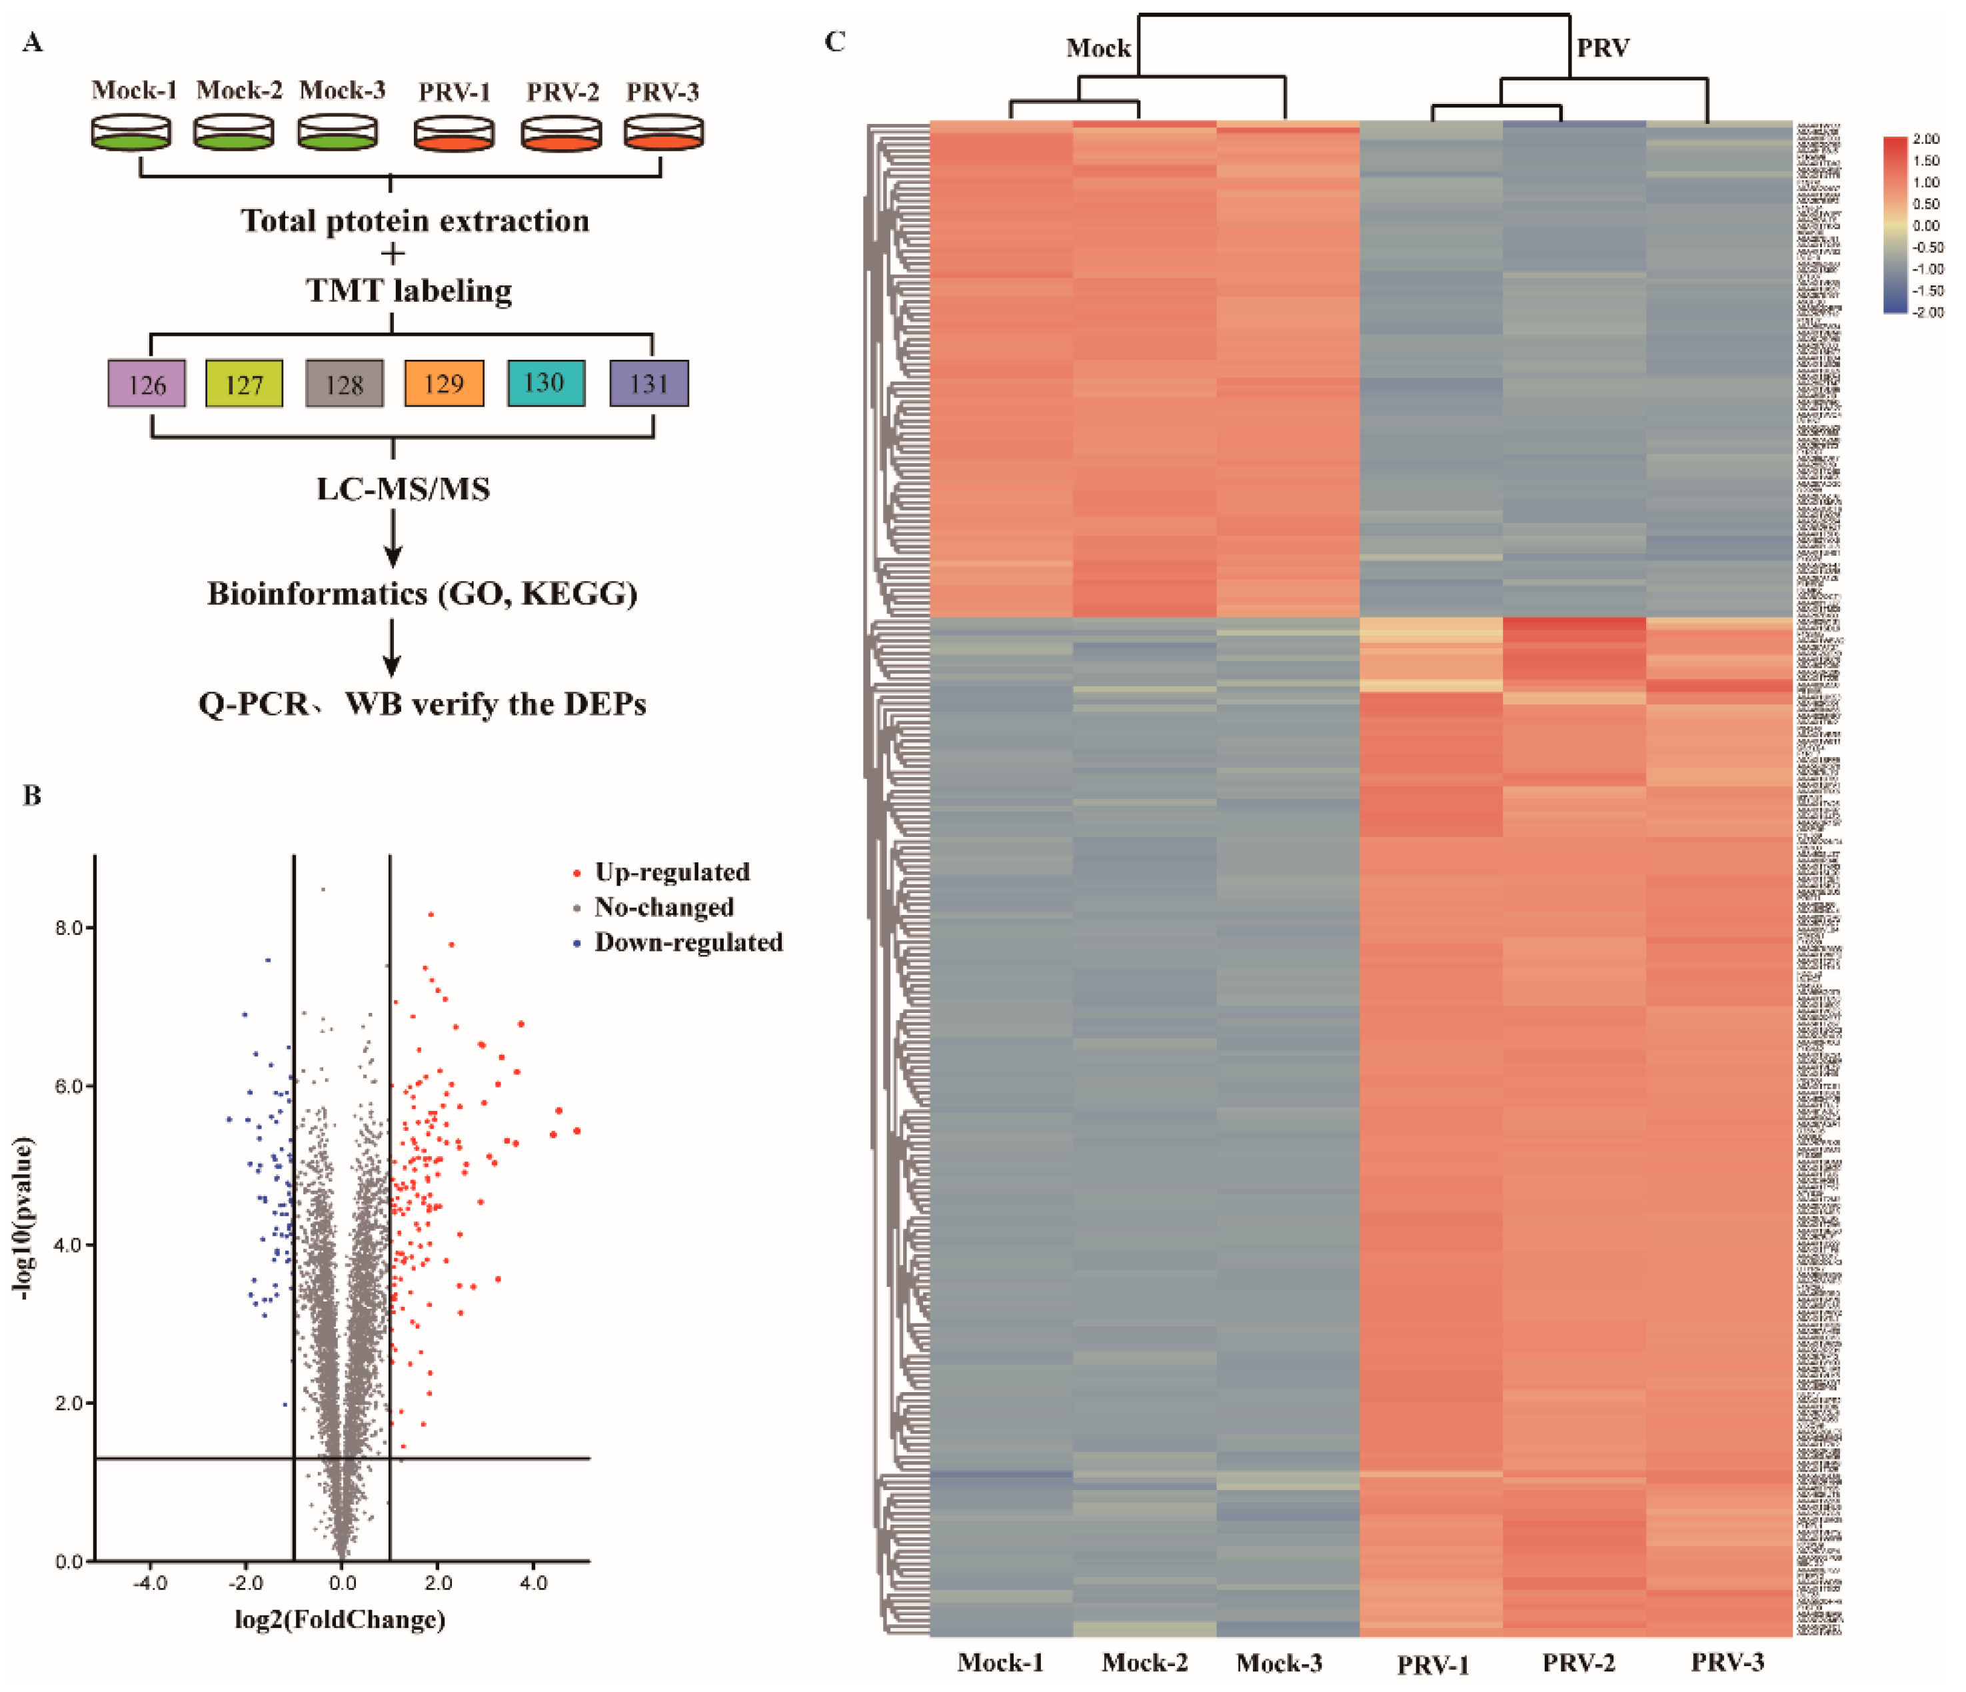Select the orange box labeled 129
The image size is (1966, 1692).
444,383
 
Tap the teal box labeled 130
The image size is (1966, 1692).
546,383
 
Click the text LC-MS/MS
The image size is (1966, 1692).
403,490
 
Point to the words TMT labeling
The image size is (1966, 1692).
409,291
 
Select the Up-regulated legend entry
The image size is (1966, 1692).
671,872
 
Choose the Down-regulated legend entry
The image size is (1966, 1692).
687,942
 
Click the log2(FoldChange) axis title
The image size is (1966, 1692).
340,1619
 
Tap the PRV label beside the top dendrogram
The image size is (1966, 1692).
1603,47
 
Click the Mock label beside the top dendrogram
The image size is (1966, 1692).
1098,49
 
